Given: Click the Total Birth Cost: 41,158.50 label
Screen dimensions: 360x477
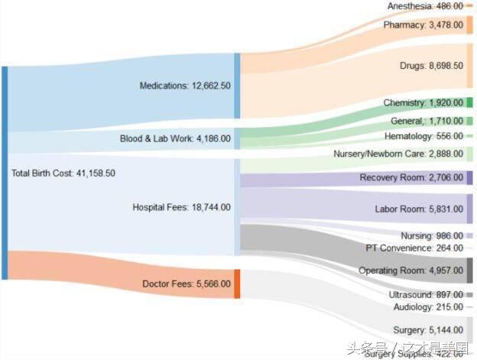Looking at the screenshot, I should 63,174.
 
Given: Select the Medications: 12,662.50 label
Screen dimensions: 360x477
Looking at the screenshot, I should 185,86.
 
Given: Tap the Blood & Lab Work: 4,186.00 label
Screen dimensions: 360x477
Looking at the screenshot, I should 175,139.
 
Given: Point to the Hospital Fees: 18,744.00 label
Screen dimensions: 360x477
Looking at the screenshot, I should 181,207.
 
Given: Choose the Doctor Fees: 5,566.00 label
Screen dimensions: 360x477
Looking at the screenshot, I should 187,284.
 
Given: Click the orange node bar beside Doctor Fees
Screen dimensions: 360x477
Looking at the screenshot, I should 237,284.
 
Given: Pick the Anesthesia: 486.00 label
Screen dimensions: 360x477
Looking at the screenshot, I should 424,6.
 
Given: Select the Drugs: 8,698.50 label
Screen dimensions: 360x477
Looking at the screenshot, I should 431,66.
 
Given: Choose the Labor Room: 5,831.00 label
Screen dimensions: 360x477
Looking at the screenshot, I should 418,209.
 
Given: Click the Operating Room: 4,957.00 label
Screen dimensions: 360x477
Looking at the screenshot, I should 410,271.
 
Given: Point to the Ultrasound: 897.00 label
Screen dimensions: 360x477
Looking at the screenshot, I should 426,294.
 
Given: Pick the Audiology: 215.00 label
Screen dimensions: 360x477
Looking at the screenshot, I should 427,306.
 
